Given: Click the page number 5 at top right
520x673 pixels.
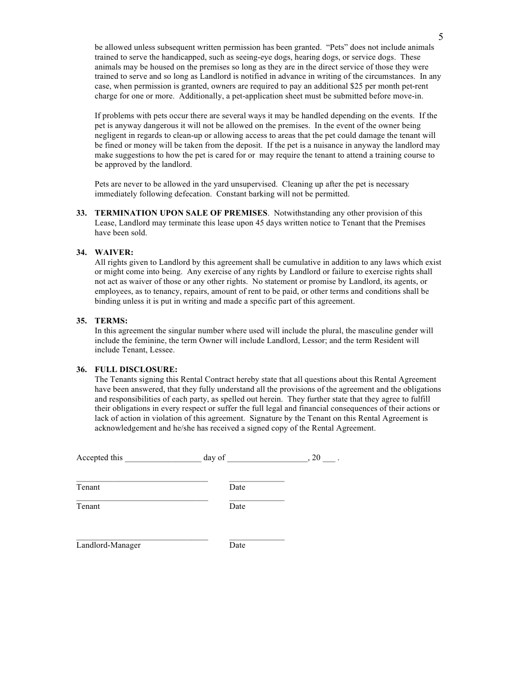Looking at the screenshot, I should tap(441, 37).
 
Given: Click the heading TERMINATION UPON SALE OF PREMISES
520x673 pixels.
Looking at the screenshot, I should tap(181, 213).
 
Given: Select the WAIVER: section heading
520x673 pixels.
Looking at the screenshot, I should tap(114, 252).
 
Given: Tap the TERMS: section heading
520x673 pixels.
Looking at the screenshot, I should tap(111, 321).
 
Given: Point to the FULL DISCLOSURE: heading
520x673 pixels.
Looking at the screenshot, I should tap(136, 369).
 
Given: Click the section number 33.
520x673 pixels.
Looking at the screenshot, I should tap(82, 213).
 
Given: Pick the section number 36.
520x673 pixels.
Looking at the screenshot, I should tap(82, 369).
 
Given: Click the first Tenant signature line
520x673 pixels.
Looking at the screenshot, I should tap(142, 480).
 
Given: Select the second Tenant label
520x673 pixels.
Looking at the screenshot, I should tap(88, 506).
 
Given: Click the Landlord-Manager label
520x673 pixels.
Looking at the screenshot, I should tap(108, 545).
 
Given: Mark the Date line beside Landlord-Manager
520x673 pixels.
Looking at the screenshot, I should tap(257, 539).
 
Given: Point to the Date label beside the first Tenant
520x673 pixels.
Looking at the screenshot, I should tap(237, 487).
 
